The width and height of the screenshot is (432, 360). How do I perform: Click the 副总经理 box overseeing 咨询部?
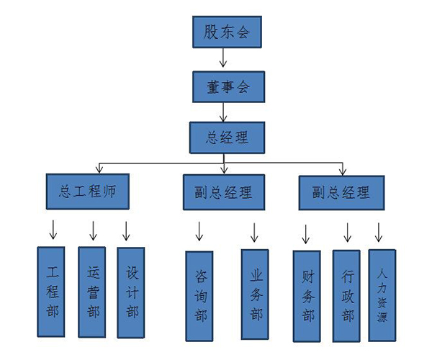[223, 192]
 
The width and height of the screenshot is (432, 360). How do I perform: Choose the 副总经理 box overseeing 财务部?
[341, 192]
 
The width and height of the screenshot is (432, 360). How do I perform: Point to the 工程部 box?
[51, 292]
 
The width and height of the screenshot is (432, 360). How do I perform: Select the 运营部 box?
[92, 292]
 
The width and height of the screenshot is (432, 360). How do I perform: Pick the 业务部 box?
[255, 294]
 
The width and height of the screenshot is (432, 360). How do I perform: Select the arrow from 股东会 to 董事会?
[223, 58]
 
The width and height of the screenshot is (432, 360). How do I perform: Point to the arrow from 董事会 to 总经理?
[223, 111]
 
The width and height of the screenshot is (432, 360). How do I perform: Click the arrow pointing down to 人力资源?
[379, 232]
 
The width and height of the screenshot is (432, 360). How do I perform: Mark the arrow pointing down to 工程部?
[52, 230]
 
